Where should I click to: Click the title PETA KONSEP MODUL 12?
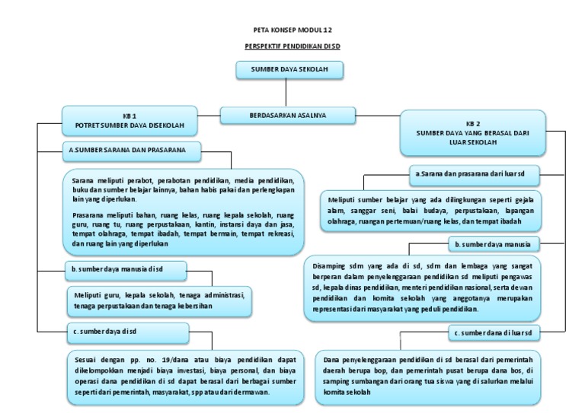tap(292, 30)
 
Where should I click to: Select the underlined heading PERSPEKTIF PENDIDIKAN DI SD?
tap(292, 47)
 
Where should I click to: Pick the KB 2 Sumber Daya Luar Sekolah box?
tap(472, 132)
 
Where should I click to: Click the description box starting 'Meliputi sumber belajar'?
tap(430, 210)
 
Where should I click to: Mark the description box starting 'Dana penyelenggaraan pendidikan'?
tap(427, 376)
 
